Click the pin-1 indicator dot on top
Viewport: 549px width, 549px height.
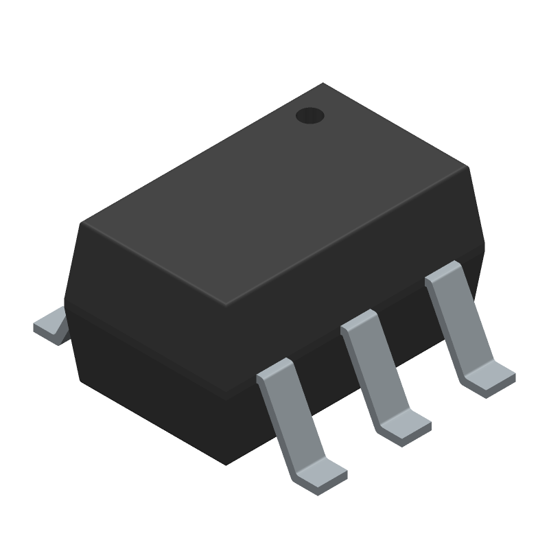tap(309, 116)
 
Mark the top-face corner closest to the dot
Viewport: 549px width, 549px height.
tap(323, 84)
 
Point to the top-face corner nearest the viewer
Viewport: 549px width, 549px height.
tap(226, 305)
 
